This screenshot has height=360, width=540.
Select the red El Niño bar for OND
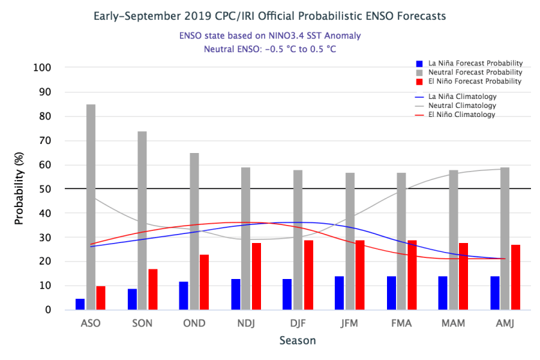click(x=204, y=282)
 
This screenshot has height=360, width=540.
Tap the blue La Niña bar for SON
click(x=132, y=300)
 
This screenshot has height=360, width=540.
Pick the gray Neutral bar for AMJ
click(x=505, y=239)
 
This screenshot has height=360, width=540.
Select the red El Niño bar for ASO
click(x=101, y=298)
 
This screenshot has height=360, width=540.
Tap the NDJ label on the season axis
click(x=246, y=322)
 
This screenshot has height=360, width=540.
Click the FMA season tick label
click(x=401, y=322)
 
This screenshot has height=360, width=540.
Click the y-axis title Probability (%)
click(x=19, y=189)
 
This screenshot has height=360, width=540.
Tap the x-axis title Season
click(x=298, y=340)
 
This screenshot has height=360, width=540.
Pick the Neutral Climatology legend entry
click(x=462, y=105)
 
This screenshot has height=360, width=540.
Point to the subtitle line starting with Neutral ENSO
click(x=270, y=49)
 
